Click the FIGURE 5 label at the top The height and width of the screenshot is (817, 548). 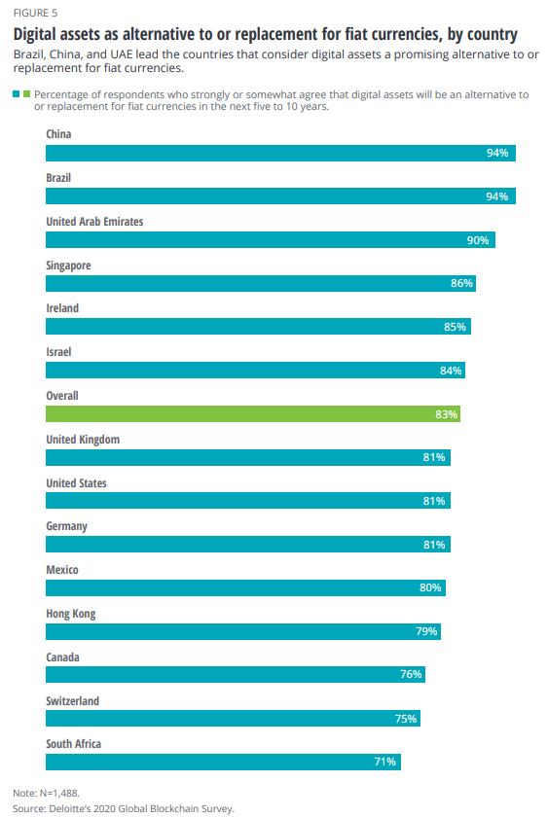point(34,14)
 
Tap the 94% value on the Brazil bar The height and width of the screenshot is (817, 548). point(497,196)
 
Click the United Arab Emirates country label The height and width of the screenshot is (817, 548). point(94,222)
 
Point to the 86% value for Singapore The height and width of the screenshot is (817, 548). point(461,283)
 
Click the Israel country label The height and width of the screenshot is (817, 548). point(60,352)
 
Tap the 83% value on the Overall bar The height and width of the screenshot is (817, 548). point(447,414)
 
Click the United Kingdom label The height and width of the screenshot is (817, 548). point(83,440)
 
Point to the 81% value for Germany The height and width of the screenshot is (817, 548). point(434,545)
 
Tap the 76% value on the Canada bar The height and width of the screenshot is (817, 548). point(410,675)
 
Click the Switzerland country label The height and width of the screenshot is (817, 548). point(73,701)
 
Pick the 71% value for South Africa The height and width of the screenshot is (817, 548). point(384,762)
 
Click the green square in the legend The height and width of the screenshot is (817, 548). point(26,93)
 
